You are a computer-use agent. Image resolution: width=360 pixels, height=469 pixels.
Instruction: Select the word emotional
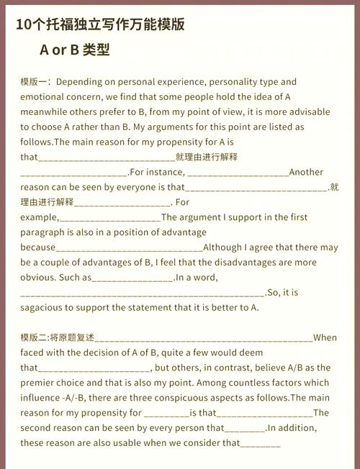tap(42, 97)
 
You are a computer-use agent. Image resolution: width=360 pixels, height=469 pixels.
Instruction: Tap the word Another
tap(306, 172)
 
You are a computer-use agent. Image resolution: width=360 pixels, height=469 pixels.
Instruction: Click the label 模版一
tap(35, 82)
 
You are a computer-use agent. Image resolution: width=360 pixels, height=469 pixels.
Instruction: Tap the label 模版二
tap(35, 337)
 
